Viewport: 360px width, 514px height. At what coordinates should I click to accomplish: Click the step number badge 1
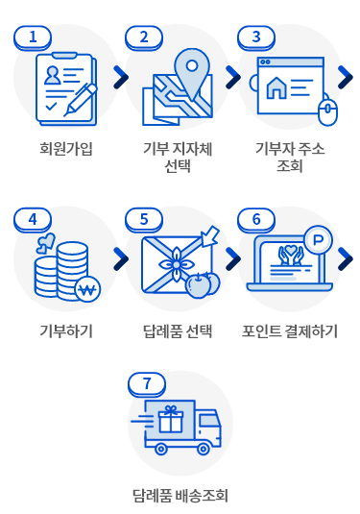(x=34, y=37)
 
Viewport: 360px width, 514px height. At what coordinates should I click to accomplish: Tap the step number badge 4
(x=34, y=218)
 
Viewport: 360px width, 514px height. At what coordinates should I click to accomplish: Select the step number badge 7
(x=146, y=383)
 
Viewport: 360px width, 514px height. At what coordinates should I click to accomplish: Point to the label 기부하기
(x=66, y=331)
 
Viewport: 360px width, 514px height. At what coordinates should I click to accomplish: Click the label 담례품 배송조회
(x=180, y=497)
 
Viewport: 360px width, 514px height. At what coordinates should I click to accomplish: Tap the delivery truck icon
(x=181, y=427)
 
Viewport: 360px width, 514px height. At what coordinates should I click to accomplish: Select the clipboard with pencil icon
(x=65, y=88)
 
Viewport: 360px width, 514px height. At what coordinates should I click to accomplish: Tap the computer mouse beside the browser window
(x=327, y=113)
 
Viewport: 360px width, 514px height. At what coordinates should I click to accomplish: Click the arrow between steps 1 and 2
(x=120, y=76)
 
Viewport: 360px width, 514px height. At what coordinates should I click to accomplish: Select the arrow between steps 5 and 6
(x=232, y=257)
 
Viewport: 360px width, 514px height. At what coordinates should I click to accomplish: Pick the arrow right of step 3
(x=345, y=76)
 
